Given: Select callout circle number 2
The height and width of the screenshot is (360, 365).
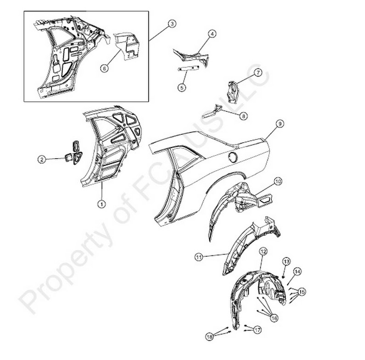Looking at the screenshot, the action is click(42, 159).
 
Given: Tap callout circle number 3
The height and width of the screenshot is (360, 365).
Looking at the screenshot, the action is click(172, 24).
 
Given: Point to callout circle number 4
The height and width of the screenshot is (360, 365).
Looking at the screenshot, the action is click(212, 34).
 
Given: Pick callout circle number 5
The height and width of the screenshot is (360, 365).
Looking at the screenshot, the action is click(182, 88).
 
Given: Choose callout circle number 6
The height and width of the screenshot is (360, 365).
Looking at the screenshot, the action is click(105, 68).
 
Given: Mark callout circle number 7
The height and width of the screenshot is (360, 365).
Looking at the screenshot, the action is click(258, 72).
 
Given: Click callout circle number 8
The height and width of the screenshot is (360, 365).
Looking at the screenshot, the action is click(243, 116).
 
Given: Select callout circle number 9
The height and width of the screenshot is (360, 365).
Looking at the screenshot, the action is click(280, 123).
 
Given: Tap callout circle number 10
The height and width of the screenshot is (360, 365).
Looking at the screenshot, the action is click(278, 181).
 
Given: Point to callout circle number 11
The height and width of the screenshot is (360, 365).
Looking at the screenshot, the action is click(199, 257).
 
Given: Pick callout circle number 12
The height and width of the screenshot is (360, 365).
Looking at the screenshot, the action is click(263, 251).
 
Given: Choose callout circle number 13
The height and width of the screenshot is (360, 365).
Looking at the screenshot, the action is click(286, 261).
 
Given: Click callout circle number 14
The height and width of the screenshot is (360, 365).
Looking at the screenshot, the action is click(297, 271).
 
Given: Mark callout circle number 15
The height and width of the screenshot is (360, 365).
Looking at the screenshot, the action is click(302, 292).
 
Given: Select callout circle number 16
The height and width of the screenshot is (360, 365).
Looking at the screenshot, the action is click(274, 318).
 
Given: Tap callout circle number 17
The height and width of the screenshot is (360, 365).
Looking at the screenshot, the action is click(258, 330).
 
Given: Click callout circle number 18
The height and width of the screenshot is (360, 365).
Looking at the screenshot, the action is click(210, 337).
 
